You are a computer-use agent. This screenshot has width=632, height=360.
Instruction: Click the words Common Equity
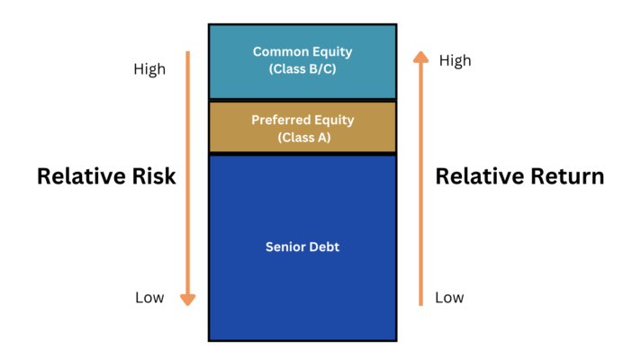coord(302,52)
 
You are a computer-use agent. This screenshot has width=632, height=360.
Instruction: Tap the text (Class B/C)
coord(302,69)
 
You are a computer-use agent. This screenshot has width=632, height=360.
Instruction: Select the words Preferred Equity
coord(302,120)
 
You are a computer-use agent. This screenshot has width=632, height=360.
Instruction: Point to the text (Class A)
coord(304,138)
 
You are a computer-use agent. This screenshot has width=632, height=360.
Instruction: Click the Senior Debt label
coord(302,247)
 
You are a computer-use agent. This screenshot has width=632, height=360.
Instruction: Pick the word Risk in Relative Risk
coord(154,176)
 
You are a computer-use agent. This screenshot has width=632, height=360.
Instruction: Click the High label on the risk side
coord(149,69)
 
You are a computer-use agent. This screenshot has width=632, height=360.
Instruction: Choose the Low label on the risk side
coord(149,298)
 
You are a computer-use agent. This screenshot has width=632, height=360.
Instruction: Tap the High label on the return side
coord(455,60)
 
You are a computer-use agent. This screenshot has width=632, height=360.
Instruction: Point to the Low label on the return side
coord(449,298)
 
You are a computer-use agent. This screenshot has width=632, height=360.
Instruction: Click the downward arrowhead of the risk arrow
coord(188,300)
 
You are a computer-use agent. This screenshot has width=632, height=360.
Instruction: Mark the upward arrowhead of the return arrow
coord(420,57)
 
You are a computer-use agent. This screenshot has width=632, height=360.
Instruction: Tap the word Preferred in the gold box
coord(281,120)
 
